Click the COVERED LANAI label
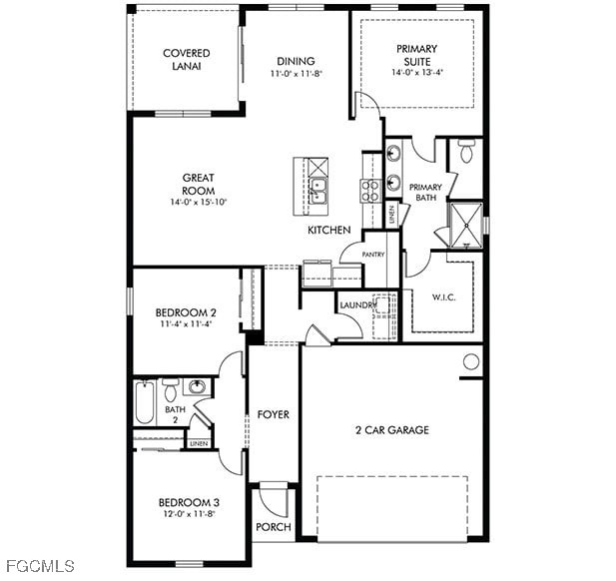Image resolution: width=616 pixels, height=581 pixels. (187, 60)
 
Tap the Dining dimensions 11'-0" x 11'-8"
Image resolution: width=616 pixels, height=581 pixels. (297, 74)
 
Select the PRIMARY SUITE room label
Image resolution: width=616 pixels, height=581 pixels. (416, 55)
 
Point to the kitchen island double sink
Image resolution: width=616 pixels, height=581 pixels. (317, 191)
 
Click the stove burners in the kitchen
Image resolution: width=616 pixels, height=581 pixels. (370, 191)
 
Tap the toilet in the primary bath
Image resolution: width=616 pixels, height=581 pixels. (466, 151)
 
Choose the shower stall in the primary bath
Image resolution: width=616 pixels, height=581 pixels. (466, 225)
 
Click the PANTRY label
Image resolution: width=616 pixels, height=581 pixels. (373, 255)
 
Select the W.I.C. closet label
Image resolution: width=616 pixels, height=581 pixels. (444, 296)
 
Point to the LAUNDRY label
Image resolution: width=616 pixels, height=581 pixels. (356, 305)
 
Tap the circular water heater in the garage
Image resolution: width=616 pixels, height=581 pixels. (470, 361)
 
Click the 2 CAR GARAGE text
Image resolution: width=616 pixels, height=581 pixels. (392, 429)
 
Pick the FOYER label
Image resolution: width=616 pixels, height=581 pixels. (274, 414)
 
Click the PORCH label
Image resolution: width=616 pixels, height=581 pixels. (274, 527)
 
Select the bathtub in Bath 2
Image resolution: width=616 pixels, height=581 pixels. (145, 402)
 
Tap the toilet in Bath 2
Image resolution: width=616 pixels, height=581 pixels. (170, 390)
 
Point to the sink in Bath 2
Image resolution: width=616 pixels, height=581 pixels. (197, 387)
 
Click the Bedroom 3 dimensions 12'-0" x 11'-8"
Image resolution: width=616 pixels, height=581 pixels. (189, 514)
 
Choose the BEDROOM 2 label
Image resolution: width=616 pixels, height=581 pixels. (186, 312)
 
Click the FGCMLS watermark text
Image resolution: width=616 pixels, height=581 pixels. (40, 566)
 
